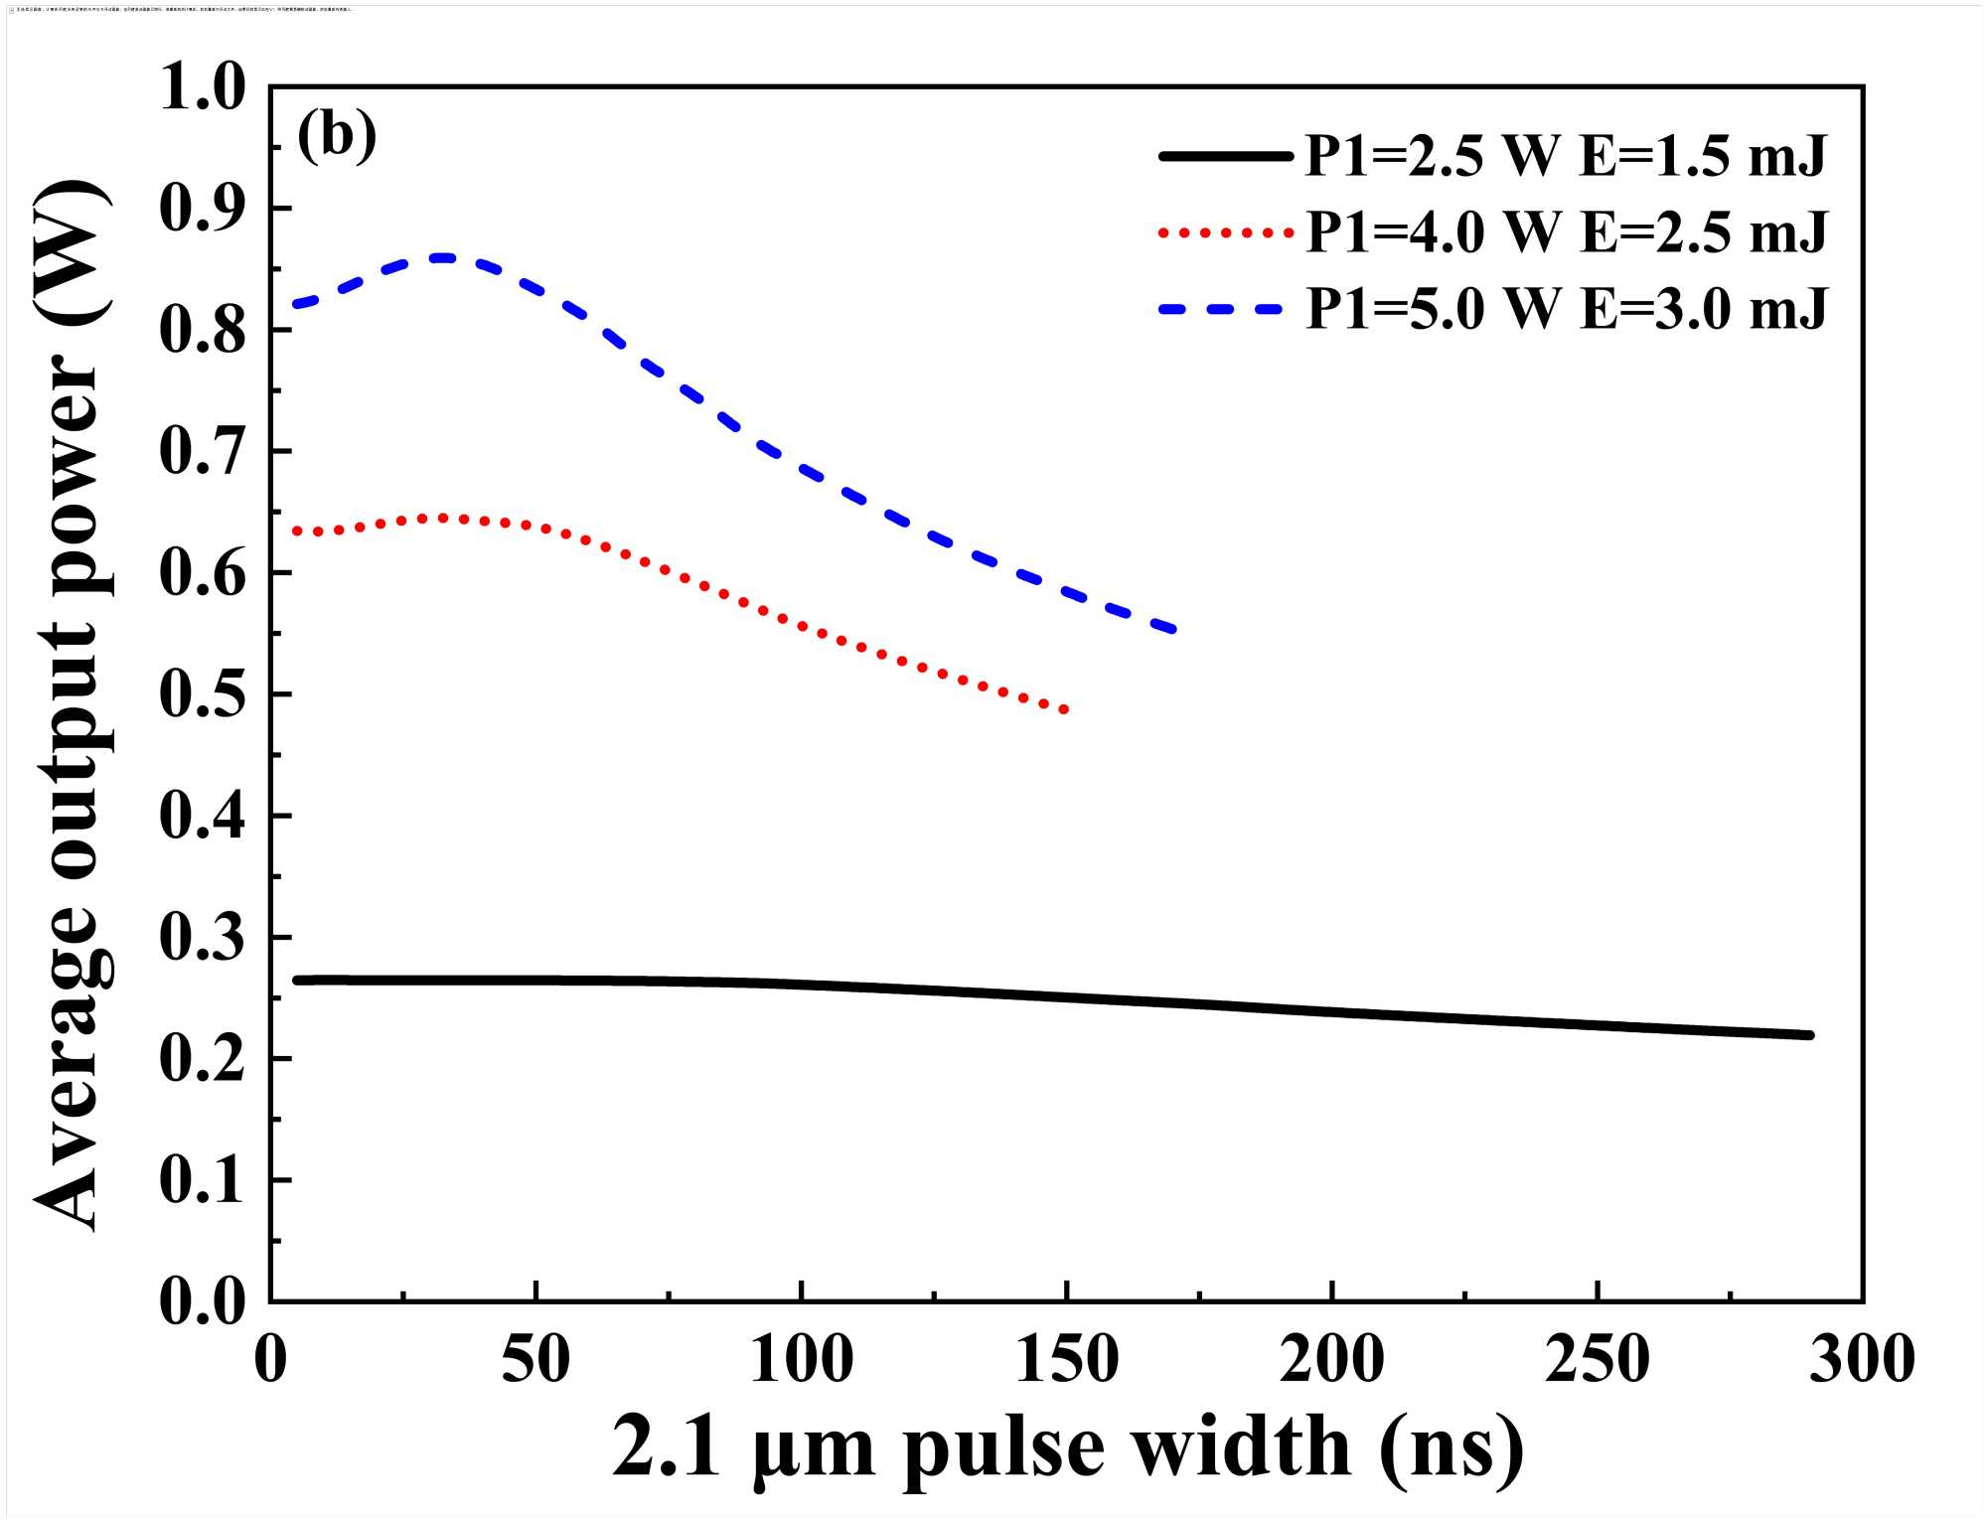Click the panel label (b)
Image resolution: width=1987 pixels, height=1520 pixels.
click(337, 136)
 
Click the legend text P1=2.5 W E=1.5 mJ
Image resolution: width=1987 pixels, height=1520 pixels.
click(1566, 156)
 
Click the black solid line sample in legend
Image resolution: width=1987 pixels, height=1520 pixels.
click(1225, 156)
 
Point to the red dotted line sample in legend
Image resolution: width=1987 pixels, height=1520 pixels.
click(1225, 232)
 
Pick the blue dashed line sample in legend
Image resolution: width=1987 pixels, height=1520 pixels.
click(1225, 309)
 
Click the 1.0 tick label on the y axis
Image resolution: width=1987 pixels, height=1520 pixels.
click(202, 87)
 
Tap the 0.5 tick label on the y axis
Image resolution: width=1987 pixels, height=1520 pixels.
click(202, 694)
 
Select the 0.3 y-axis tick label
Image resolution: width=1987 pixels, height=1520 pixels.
click(202, 938)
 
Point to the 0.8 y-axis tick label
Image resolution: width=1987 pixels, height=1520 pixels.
click(202, 330)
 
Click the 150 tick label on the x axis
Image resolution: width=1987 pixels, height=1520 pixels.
click(1067, 1358)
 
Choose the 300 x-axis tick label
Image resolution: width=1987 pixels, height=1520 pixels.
click(1862, 1358)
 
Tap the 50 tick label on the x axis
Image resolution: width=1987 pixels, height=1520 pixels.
click(535, 1358)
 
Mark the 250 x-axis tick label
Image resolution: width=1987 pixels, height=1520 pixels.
click(1597, 1358)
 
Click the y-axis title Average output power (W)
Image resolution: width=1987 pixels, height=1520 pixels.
click(72, 705)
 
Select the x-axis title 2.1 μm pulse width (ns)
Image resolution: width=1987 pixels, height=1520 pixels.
click(1067, 1448)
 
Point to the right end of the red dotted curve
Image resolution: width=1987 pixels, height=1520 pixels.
click(1065, 710)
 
